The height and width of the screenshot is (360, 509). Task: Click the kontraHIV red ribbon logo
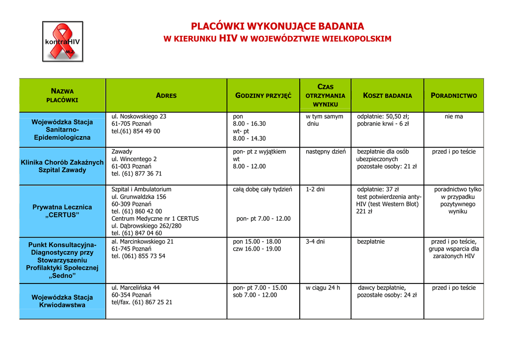(63, 41)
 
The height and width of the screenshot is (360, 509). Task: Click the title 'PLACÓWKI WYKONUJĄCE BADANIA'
(278, 26)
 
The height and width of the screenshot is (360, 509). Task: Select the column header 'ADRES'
(166, 95)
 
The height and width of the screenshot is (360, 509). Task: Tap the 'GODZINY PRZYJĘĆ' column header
(263, 95)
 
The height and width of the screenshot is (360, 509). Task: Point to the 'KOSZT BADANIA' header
(387, 95)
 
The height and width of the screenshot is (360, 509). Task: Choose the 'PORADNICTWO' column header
(453, 95)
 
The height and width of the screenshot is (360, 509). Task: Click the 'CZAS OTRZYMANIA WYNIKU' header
(325, 95)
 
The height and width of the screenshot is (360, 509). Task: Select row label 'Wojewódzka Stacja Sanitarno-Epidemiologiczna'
(62, 129)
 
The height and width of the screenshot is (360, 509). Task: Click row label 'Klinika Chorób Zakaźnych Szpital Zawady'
(62, 166)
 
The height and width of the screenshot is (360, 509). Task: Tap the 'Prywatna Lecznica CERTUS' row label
(62, 211)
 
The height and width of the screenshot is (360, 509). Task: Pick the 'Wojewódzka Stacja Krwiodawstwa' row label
(62, 301)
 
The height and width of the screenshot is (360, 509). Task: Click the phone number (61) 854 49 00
(136, 131)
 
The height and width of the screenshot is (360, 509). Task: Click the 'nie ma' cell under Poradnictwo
(453, 116)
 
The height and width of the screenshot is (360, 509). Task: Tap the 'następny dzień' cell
(326, 152)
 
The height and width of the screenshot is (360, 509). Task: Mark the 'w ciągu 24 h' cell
(323, 288)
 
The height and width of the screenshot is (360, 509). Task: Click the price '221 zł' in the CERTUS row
(364, 212)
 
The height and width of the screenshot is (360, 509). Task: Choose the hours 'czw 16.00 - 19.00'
(257, 249)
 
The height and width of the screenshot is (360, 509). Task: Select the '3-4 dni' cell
(315, 242)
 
